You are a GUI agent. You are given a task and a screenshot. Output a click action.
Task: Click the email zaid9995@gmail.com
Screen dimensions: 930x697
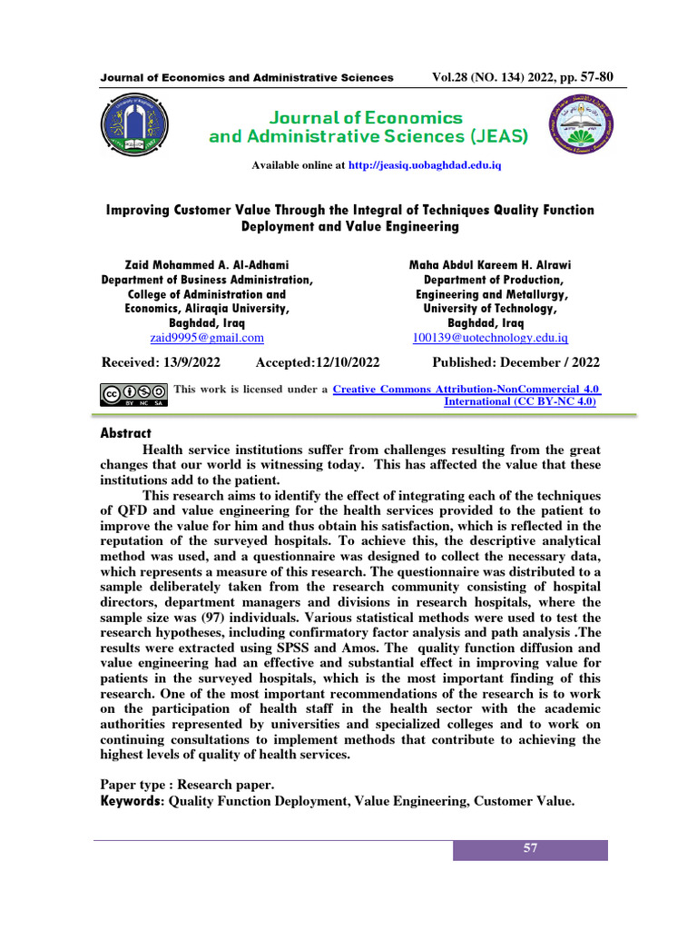207,338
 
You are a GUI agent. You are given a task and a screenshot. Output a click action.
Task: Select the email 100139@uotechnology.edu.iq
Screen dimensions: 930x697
490,338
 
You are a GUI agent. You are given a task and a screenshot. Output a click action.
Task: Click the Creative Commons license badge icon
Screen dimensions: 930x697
133,394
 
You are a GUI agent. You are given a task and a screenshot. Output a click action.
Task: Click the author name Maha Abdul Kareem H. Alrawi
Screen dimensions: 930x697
490,264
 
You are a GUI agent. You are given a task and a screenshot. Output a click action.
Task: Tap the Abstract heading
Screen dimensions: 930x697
125,433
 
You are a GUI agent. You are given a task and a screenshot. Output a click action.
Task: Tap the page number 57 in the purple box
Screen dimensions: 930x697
530,849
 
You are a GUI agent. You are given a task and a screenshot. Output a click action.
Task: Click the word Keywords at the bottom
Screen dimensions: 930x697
131,801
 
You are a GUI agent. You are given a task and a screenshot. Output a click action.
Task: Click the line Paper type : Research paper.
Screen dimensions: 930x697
185,785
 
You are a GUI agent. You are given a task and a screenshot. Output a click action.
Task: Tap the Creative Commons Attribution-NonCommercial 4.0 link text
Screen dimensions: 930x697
466,389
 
